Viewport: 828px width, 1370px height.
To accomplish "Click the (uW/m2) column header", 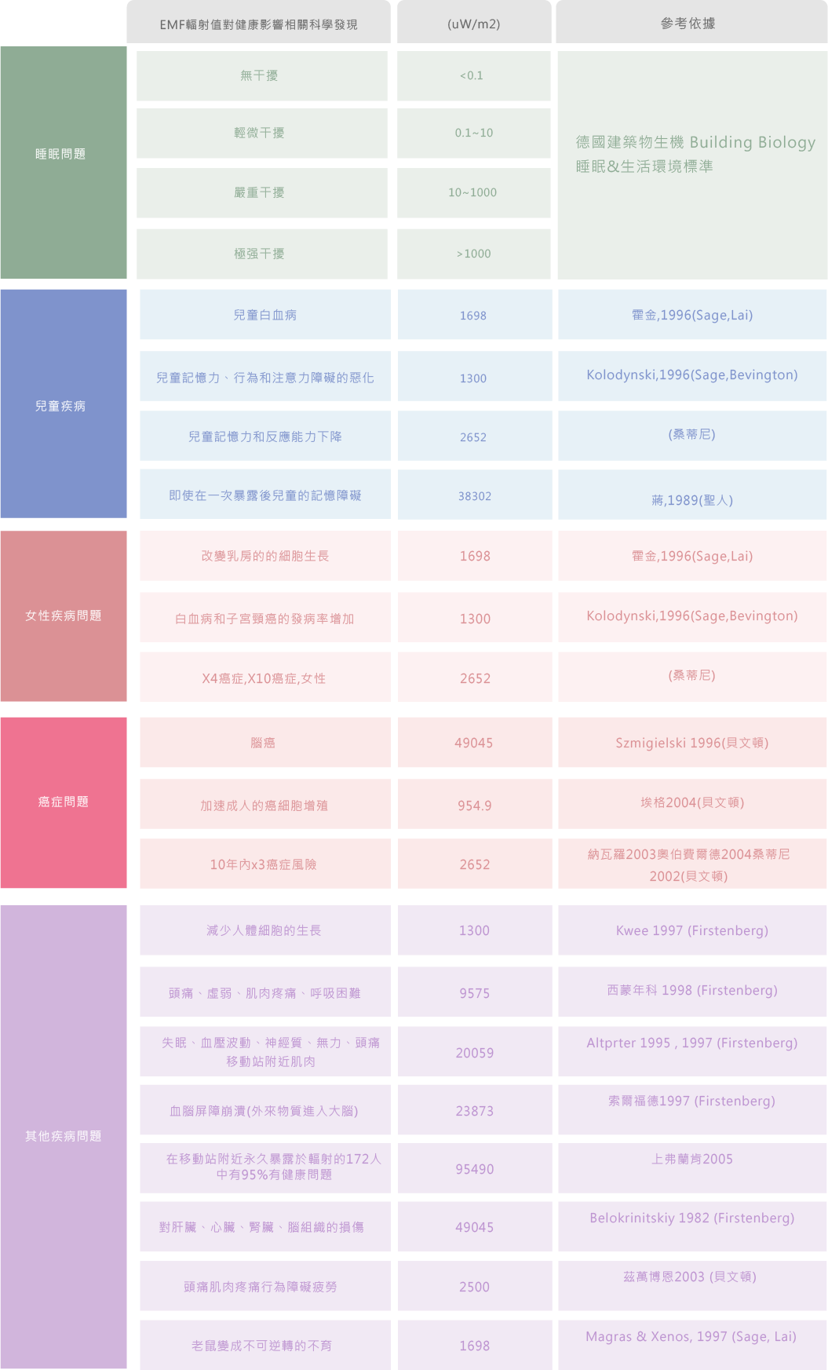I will (x=473, y=24).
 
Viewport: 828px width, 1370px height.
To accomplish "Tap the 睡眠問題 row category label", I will (x=60, y=154).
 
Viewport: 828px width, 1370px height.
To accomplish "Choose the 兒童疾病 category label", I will (x=60, y=406).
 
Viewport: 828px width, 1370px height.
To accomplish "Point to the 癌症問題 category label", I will (x=63, y=802).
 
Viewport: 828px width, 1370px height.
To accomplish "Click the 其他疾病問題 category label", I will (x=63, y=1136).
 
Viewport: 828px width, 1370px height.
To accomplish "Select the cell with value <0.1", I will (x=472, y=75).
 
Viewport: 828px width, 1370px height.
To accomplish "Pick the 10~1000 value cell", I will (x=472, y=192).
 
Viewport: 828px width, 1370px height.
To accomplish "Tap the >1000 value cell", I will (x=473, y=254).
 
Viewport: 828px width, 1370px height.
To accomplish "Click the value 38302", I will (x=475, y=496).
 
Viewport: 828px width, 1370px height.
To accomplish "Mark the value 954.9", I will (x=475, y=806).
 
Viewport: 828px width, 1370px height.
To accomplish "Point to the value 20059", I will (x=475, y=1053).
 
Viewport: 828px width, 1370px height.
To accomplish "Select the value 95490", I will (x=475, y=1169).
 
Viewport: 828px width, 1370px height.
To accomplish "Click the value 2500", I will (x=474, y=1287).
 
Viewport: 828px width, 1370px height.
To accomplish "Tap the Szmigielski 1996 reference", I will (x=691, y=743).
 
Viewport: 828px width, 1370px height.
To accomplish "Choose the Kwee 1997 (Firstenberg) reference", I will (x=691, y=930).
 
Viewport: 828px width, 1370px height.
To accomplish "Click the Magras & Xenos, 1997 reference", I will (x=691, y=1336).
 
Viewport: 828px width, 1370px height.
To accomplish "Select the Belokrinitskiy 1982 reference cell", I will (x=691, y=1218).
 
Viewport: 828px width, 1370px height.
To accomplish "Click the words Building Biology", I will (x=753, y=142).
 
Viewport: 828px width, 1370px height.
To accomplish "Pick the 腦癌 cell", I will (x=263, y=743).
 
